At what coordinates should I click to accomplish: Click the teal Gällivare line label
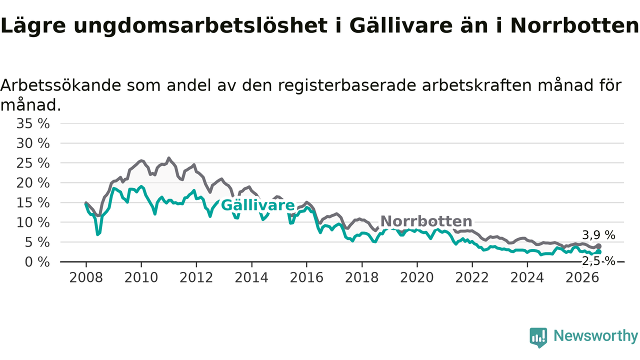257,205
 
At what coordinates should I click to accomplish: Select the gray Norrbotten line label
426,221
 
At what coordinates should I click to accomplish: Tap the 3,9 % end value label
598,235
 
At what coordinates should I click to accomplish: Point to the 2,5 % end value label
598,261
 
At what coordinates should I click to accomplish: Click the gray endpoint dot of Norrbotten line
599,246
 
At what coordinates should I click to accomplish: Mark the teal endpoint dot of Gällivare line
599,251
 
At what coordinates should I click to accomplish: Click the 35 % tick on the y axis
33,123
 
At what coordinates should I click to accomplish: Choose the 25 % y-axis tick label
33,163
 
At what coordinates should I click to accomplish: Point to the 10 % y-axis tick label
33,222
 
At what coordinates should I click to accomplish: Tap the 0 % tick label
37,262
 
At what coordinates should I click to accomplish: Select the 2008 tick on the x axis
86,277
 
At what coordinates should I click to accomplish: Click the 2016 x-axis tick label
306,277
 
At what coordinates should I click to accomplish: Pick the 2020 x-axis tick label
417,277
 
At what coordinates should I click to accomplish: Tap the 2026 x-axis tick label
582,277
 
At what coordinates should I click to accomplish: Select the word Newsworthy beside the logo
595,335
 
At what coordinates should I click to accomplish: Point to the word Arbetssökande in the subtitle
60,85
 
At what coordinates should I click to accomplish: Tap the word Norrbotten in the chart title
574,25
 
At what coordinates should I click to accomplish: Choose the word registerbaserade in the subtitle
347,85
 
